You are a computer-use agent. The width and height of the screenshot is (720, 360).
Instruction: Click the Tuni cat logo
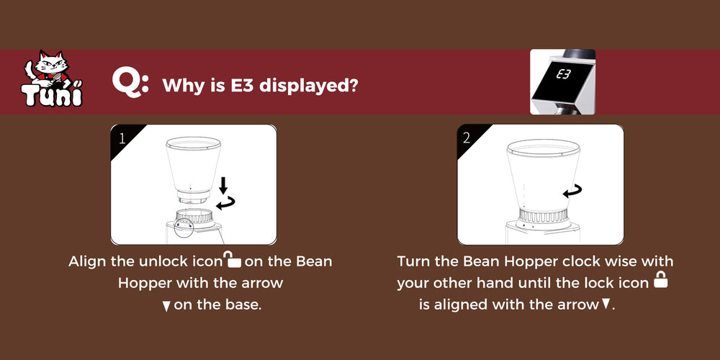pos(52,78)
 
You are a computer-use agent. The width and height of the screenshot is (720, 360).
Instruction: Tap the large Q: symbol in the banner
pos(130,84)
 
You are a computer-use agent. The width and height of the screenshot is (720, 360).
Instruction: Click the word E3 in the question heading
pos(243,86)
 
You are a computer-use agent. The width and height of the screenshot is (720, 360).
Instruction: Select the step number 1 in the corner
pos(122,138)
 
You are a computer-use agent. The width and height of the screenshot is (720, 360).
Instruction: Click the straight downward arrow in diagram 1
pos(224,186)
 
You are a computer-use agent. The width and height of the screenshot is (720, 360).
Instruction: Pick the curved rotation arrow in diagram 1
pos(225,202)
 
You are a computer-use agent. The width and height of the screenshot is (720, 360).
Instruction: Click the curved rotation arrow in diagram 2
pos(572,191)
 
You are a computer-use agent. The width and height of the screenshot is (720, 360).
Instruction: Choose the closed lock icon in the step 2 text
pos(660,279)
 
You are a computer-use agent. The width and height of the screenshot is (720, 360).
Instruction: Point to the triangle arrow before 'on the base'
pos(167,306)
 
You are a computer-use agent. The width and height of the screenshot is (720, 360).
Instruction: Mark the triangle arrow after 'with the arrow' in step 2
pos(606,304)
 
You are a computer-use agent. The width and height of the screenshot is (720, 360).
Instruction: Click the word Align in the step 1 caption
pos(88,261)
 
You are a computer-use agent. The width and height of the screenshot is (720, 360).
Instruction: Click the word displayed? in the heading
pos(309,86)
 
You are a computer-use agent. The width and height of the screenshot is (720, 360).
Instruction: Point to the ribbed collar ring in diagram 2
pos(542,215)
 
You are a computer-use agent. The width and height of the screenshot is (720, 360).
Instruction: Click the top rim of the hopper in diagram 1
pos(193,143)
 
